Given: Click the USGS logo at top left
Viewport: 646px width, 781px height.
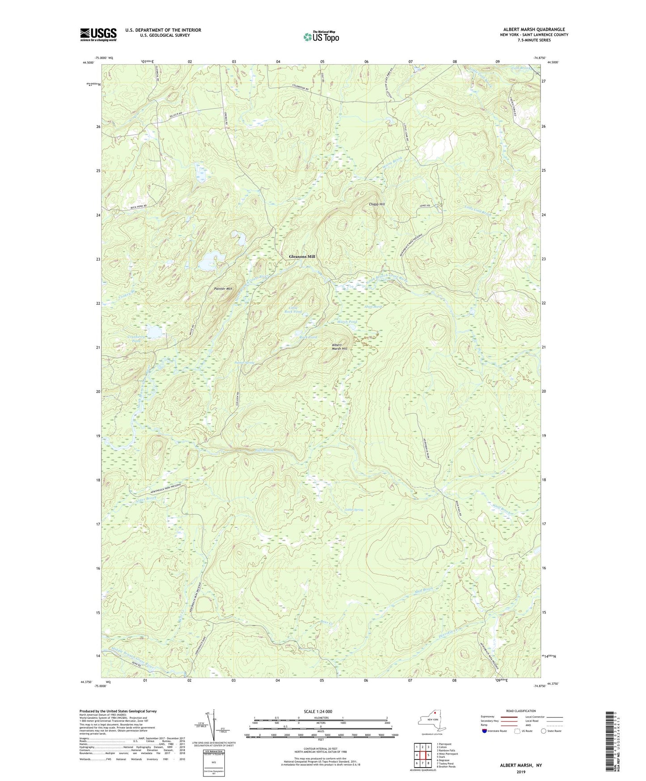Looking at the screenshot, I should pyautogui.click(x=98, y=34).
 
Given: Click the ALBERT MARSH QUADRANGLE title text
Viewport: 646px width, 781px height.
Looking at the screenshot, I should pyautogui.click(x=533, y=30).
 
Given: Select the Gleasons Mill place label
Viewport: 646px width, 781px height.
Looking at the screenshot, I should pyautogui.click(x=302, y=257).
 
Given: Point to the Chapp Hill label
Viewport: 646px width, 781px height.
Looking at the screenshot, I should pyautogui.click(x=376, y=204).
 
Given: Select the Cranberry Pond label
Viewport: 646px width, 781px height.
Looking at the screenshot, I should pyautogui.click(x=134, y=338).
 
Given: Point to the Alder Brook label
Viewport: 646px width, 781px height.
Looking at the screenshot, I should pyautogui.click(x=146, y=501).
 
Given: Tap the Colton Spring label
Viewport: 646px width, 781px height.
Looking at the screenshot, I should pyautogui.click(x=354, y=509).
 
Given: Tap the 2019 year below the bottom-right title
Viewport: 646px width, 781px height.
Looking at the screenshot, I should pyautogui.click(x=521, y=772).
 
